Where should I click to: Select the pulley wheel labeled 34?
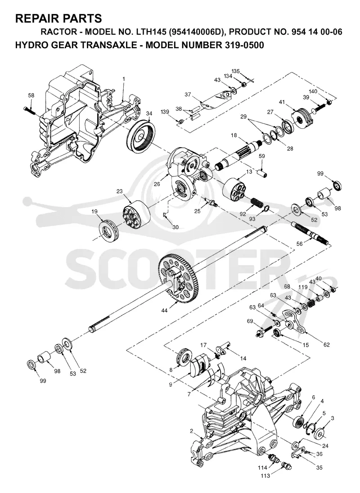[141, 136]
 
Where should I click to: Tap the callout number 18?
[234, 135]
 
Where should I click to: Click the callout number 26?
[157, 184]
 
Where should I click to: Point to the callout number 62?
[327, 344]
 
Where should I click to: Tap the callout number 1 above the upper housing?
[124, 79]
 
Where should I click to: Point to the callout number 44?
[164, 311]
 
